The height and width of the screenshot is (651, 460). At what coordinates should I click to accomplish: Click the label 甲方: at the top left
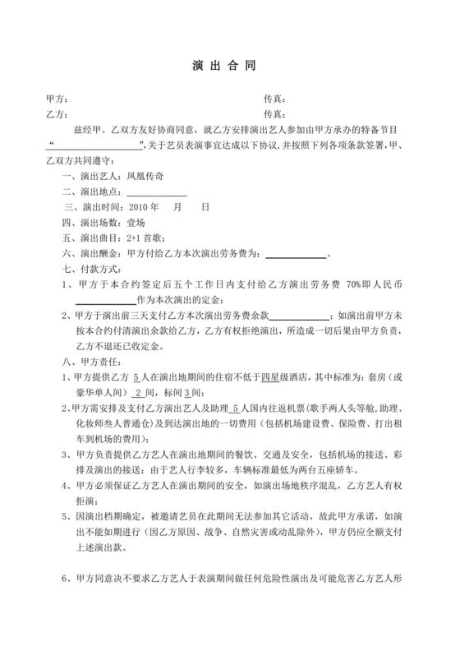[x=57, y=99]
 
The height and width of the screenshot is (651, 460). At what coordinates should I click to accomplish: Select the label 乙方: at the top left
[x=57, y=114]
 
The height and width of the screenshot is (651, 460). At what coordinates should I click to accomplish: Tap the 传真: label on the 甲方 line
[x=274, y=99]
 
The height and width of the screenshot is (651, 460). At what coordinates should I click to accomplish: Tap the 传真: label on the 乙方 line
[x=274, y=114]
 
